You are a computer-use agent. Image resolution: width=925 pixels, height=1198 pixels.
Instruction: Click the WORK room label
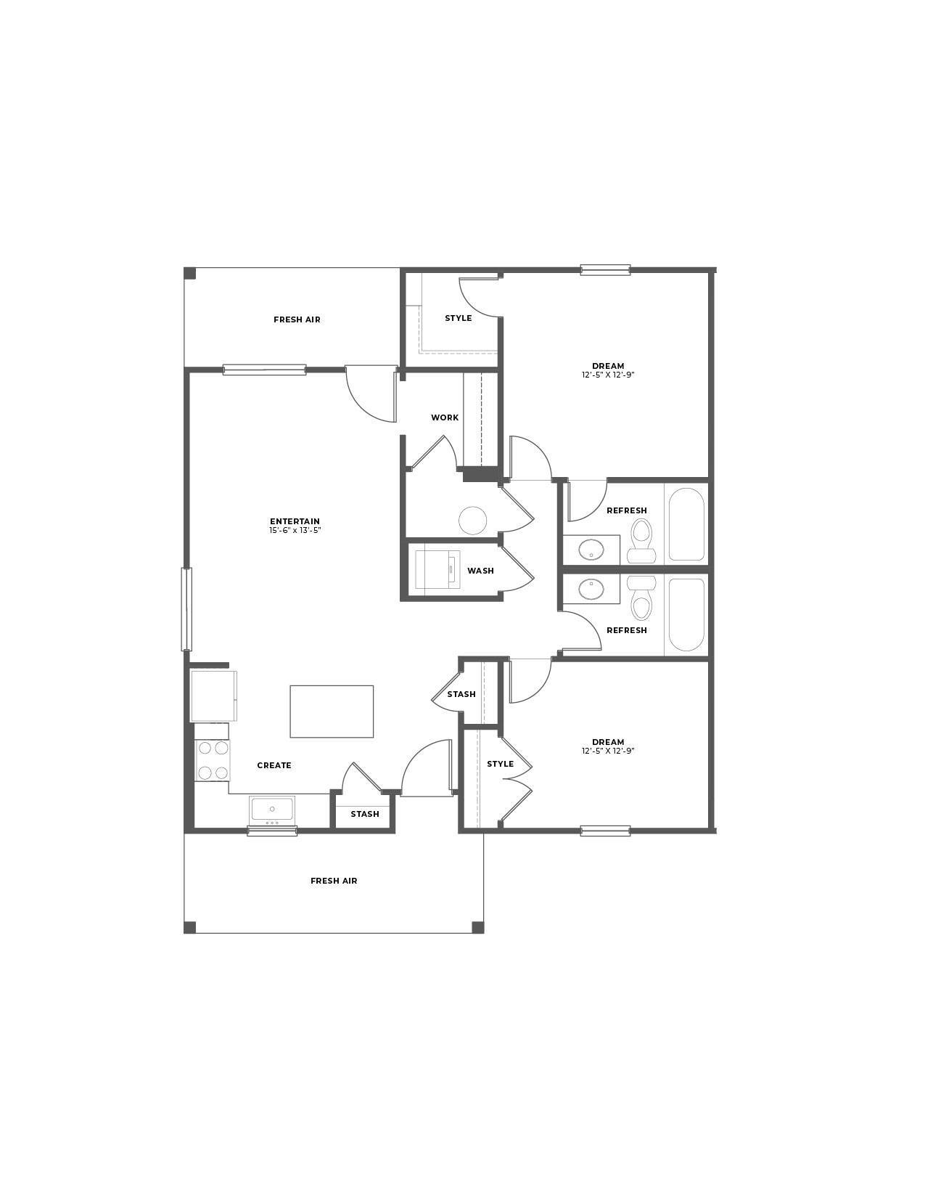445,417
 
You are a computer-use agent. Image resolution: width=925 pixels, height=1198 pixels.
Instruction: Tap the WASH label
480,571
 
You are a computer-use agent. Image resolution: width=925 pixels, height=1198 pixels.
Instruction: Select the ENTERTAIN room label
295,521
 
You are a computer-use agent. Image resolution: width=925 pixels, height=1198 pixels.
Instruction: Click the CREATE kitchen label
274,765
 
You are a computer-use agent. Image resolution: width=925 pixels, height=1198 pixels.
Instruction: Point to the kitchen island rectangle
332,711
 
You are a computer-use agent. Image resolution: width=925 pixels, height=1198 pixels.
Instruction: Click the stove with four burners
212,760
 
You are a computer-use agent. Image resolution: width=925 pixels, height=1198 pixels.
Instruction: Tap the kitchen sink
272,809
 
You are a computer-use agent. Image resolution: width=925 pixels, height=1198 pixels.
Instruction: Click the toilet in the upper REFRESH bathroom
641,541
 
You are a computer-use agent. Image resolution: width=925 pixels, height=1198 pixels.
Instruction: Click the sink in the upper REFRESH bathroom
592,550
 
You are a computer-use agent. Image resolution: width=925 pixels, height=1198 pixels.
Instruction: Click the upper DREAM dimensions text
608,375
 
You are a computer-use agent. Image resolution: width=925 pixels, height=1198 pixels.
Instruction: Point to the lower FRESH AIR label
334,881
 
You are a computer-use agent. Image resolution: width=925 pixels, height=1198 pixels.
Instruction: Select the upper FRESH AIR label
297,319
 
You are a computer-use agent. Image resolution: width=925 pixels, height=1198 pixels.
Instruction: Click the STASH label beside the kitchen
365,814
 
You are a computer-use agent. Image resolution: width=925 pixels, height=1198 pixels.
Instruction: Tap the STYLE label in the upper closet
459,318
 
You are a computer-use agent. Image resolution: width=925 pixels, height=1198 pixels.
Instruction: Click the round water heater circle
473,521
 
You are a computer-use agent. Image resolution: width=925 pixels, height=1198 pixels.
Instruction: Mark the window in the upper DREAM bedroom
605,270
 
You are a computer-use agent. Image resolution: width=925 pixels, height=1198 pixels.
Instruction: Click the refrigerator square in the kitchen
213,696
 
